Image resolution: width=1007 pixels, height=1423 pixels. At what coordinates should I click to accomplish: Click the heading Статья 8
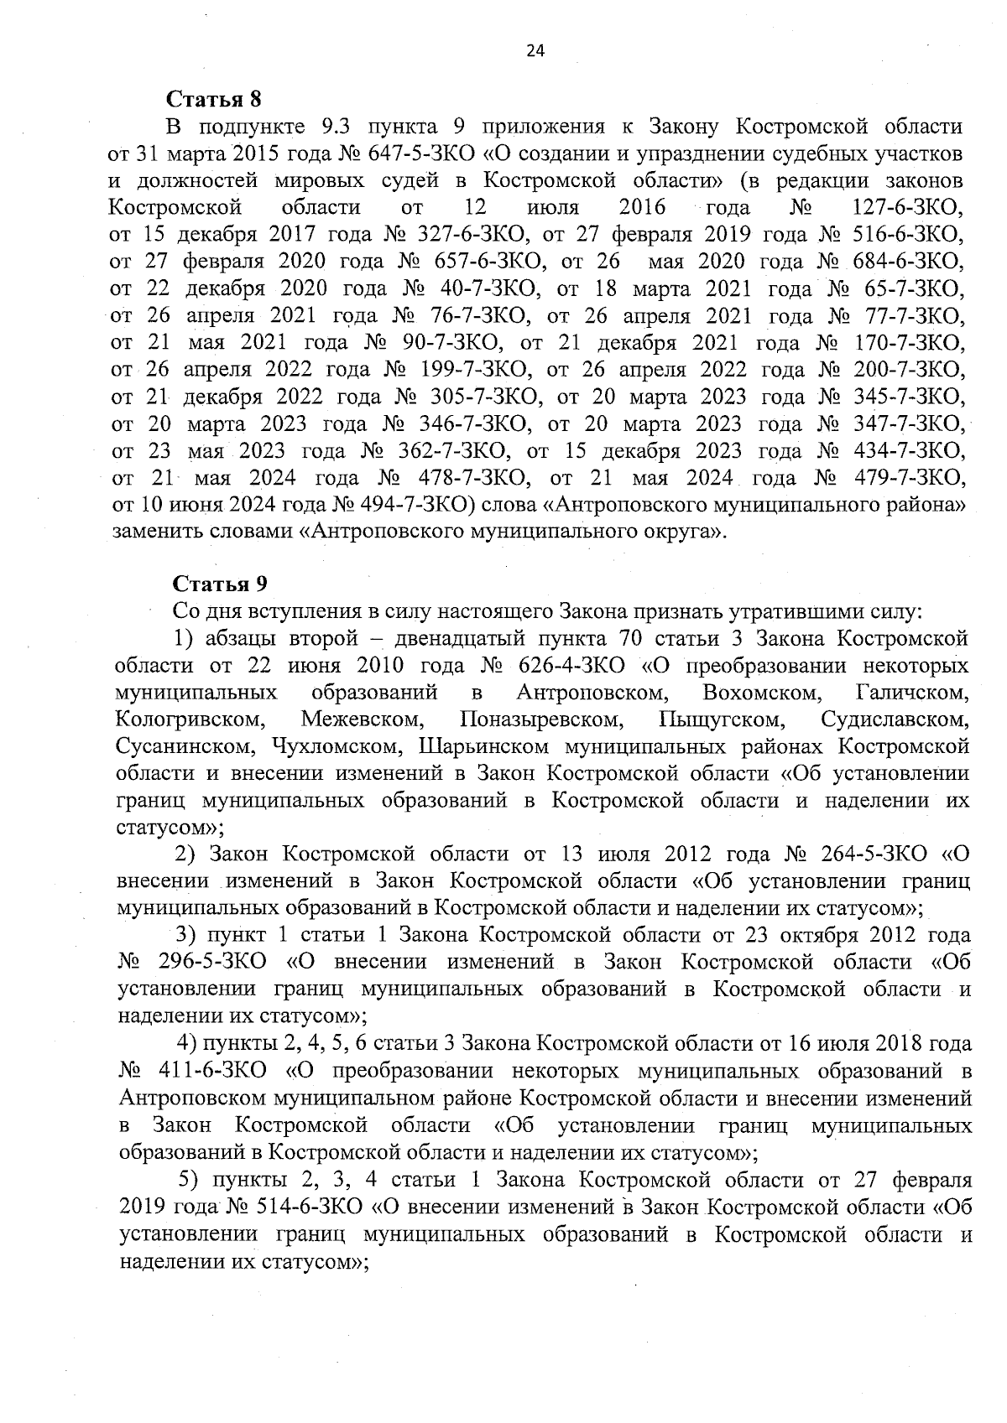(x=215, y=99)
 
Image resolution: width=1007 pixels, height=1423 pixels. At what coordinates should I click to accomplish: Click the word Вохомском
(x=760, y=693)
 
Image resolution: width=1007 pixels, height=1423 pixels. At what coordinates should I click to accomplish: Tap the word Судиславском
(x=895, y=719)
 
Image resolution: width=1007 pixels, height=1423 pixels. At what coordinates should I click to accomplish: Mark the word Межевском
(x=362, y=719)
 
